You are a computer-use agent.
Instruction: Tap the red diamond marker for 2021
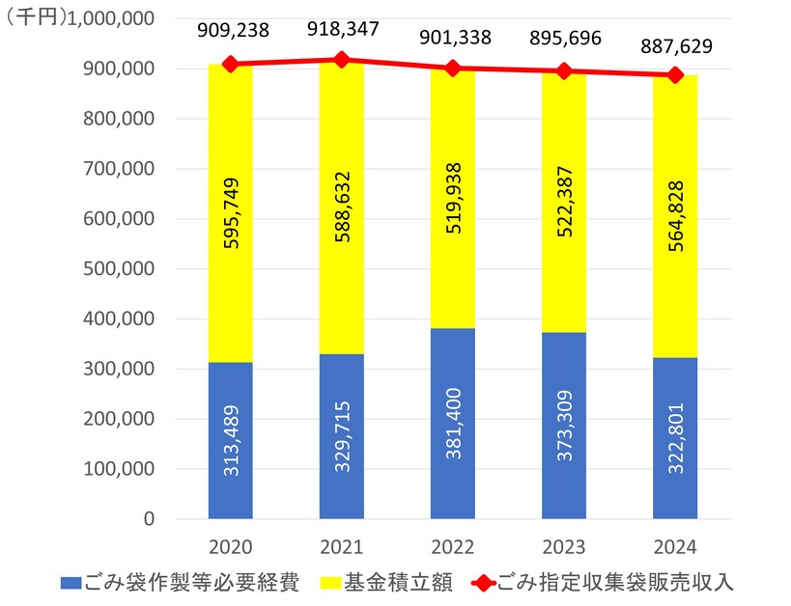tap(342, 60)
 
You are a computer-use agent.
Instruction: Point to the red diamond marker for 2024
tap(675, 75)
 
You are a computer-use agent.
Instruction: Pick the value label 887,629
tap(676, 46)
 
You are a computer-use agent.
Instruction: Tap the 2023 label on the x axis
tap(564, 548)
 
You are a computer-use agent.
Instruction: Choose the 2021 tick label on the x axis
tap(342, 548)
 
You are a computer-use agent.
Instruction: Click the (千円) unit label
tap(37, 19)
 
